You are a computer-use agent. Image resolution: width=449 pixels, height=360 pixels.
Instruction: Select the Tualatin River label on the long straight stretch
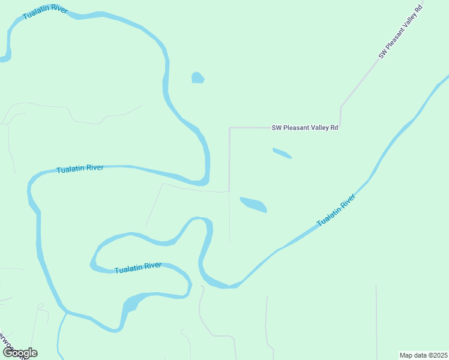tap(80, 169)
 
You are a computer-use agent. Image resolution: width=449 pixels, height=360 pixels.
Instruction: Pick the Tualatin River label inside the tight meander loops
tap(138, 267)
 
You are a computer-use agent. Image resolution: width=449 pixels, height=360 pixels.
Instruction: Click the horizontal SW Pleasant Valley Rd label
tap(305, 128)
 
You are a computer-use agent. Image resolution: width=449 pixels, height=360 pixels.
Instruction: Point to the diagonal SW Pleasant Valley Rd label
tap(401, 31)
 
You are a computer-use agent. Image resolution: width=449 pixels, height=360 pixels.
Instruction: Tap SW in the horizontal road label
tap(277, 128)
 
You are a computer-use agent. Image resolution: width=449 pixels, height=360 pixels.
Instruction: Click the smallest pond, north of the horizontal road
tap(197, 77)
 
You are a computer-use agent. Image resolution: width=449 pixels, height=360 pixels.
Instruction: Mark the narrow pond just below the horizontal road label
tap(282, 154)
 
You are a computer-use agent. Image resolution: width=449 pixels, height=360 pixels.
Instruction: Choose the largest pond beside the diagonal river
tap(253, 204)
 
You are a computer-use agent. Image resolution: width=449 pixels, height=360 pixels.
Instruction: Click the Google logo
tap(20, 353)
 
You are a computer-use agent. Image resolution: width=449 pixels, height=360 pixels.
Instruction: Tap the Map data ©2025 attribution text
tap(423, 355)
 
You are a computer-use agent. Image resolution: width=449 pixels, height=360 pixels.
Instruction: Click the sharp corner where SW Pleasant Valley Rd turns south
tap(229, 128)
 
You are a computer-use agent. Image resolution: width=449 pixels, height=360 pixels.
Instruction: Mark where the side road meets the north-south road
tap(229, 192)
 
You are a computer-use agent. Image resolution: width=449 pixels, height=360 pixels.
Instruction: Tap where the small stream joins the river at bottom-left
tap(64, 313)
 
